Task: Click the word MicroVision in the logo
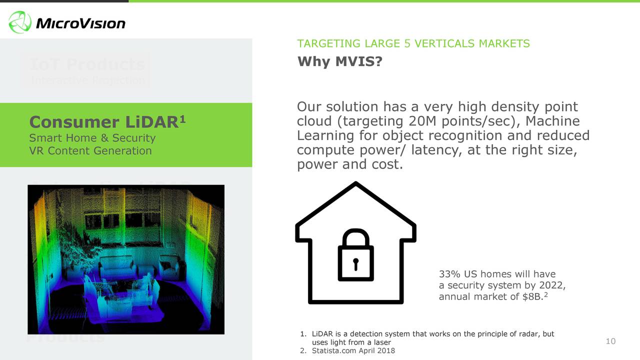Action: click(80, 23)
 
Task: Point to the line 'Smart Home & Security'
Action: click(92, 138)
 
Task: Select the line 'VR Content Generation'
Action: click(90, 150)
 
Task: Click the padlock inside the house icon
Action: click(355, 255)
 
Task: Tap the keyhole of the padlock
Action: click(355, 263)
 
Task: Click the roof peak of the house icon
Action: click(355, 184)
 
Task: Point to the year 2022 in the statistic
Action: click(552, 285)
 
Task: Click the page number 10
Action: click(610, 341)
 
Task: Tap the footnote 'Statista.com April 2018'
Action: click(353, 350)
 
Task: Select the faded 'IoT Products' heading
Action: click(87, 64)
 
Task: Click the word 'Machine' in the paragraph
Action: click(552, 121)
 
